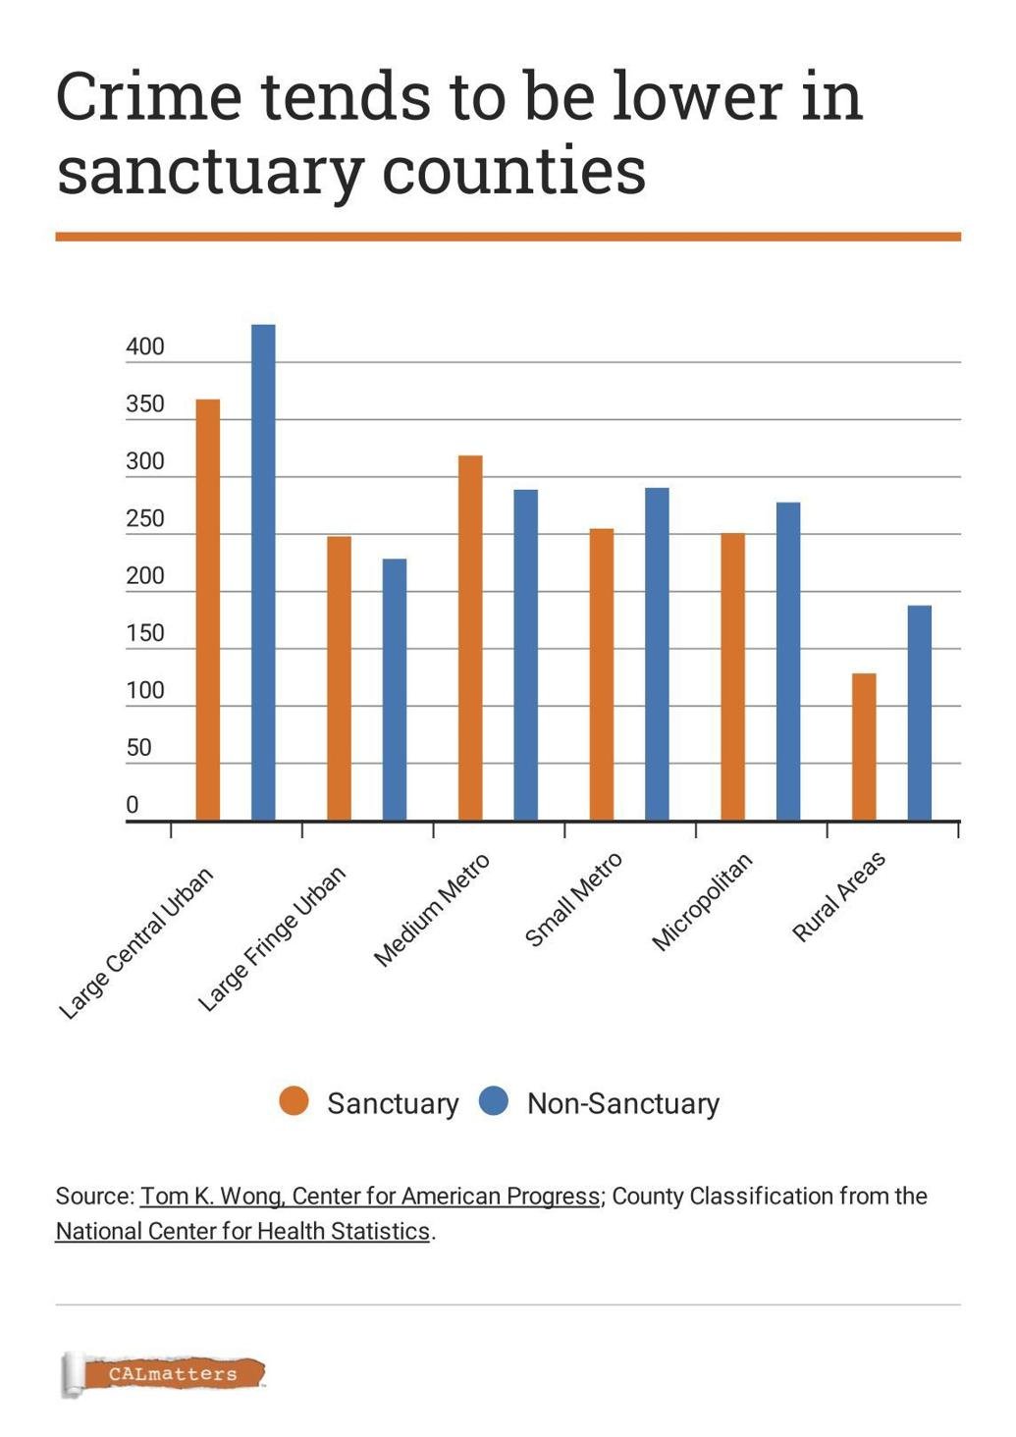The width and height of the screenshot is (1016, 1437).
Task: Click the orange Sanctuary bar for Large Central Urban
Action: [208, 610]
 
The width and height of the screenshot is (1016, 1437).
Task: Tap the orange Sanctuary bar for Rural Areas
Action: [864, 746]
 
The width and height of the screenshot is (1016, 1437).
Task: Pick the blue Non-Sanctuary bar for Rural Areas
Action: [919, 713]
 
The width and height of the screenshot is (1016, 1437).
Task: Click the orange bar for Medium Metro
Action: [470, 638]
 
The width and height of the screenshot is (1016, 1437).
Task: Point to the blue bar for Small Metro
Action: [657, 654]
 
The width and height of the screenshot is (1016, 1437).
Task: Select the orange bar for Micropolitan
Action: [732, 676]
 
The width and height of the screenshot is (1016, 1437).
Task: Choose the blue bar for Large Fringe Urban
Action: [395, 689]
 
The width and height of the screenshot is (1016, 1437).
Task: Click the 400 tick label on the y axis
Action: [145, 346]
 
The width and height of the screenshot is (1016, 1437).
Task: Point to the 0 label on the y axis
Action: [133, 805]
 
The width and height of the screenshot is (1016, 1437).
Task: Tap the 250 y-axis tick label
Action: [145, 518]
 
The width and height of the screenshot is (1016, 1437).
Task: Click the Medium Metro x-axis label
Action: [432, 911]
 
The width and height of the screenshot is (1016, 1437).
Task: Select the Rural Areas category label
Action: [839, 897]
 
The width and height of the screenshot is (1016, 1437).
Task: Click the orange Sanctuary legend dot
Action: [294, 1102]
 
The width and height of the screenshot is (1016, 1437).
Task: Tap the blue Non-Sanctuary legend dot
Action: [494, 1102]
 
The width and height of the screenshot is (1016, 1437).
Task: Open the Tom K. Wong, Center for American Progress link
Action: [370, 1197]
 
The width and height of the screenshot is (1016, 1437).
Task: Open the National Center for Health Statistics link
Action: [242, 1231]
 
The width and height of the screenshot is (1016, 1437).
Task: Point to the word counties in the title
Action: [513, 171]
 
